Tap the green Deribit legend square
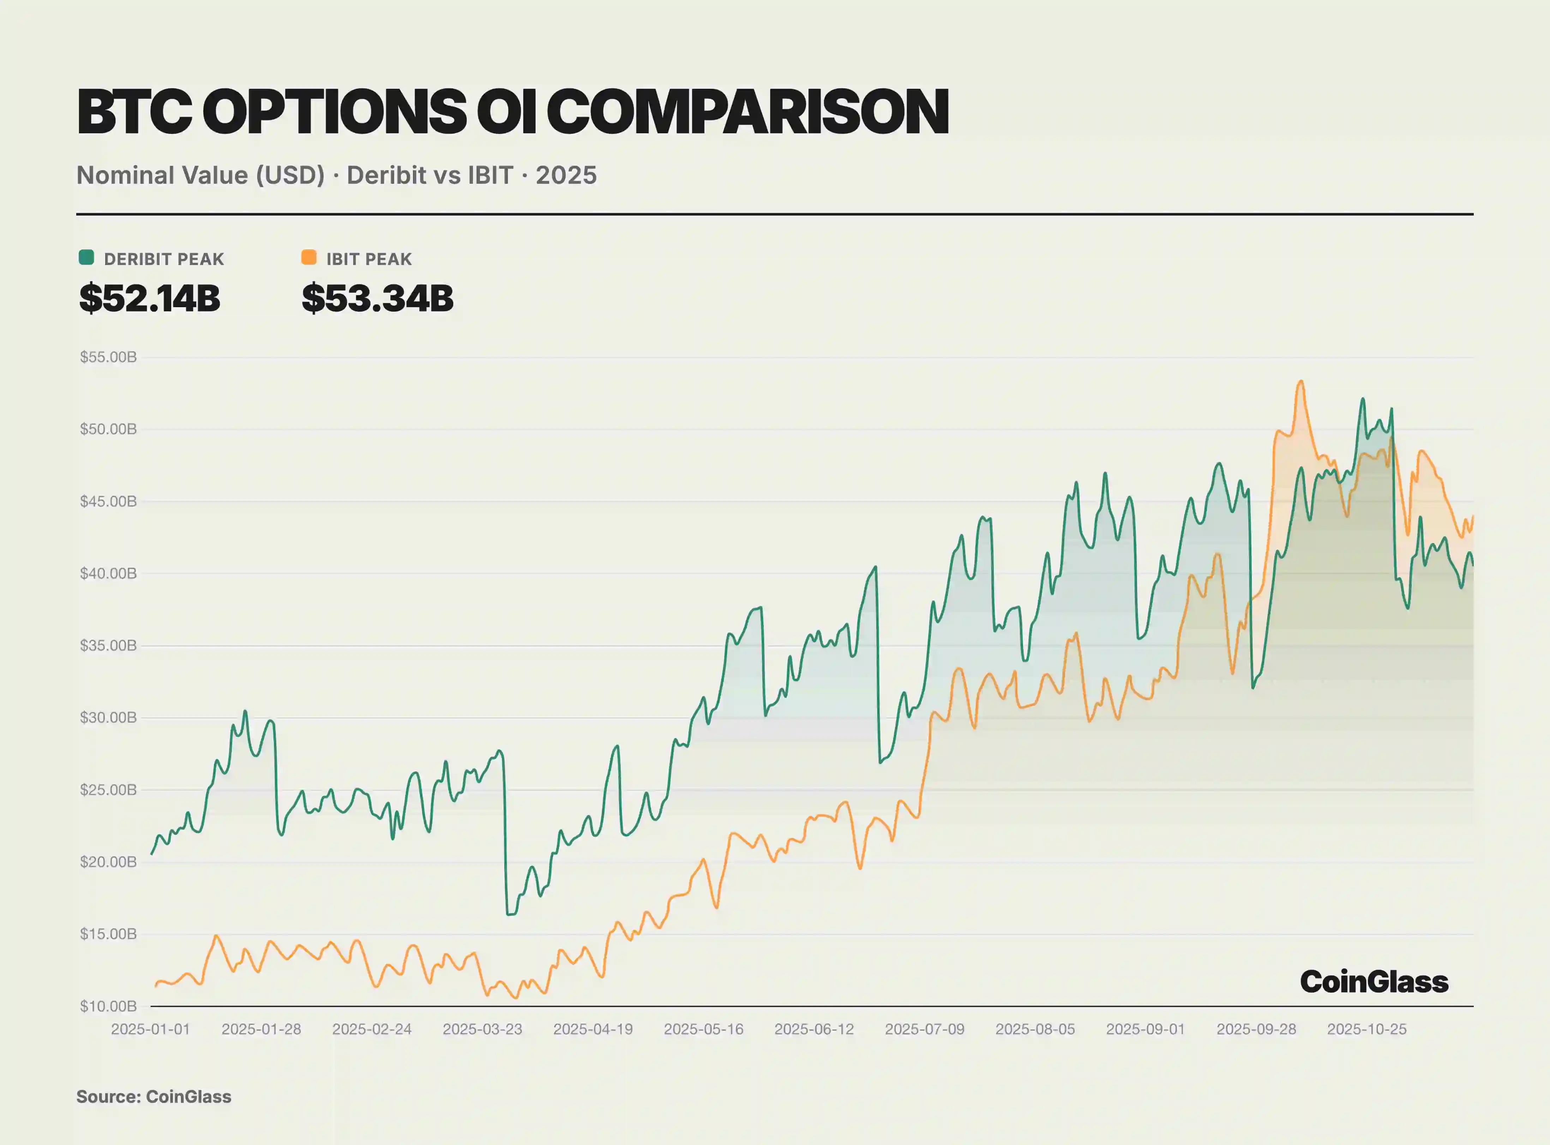pos(87,258)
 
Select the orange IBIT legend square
pos(308,258)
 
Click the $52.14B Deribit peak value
pos(150,298)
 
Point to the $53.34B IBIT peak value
pos(377,298)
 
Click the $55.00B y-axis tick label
pos(108,357)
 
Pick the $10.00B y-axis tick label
pos(108,1006)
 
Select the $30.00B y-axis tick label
pos(108,717)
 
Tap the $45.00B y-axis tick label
pos(108,501)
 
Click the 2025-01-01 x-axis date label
pos(150,1029)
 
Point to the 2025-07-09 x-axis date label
pos(924,1029)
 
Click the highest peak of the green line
pos(1363,399)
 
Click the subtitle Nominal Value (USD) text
pos(200,175)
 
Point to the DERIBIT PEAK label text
pos(164,259)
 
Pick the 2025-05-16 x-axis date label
pos(703,1029)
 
